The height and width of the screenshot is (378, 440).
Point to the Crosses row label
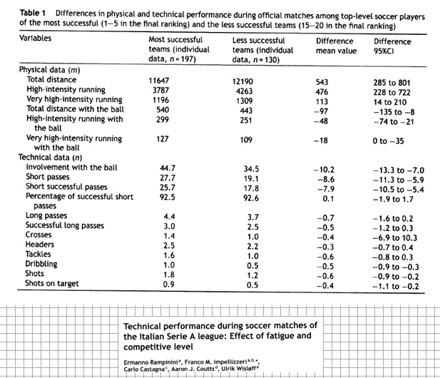click(40, 235)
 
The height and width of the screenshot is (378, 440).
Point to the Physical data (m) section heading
click(50, 71)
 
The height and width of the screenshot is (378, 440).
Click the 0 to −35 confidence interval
click(388, 141)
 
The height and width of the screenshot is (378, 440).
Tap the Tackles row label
click(39, 254)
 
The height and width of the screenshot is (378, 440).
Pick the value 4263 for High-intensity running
click(243, 91)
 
